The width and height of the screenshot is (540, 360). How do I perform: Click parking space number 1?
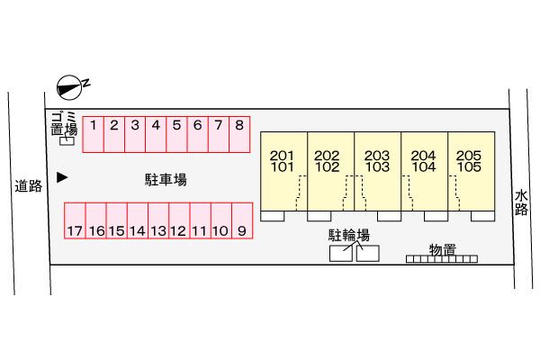tap(94, 133)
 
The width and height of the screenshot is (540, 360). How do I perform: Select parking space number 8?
tap(239, 133)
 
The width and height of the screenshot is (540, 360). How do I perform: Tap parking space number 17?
tap(75, 220)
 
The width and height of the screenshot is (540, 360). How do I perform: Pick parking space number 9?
tap(241, 220)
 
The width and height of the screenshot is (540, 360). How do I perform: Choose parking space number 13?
tap(157, 220)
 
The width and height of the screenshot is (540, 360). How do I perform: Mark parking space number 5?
tap(177, 133)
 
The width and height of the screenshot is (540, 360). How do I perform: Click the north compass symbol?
tap(70, 86)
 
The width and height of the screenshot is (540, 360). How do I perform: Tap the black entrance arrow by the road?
tap(62, 177)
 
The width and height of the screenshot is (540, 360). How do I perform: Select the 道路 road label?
tap(29, 186)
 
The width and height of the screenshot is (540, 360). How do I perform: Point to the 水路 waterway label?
tap(523, 202)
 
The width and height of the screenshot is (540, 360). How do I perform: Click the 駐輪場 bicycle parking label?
tap(348, 236)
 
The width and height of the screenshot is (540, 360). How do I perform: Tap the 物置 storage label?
tap(442, 248)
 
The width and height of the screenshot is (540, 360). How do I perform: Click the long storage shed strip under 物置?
tap(441, 259)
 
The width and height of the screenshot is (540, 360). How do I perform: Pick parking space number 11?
tap(199, 220)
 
